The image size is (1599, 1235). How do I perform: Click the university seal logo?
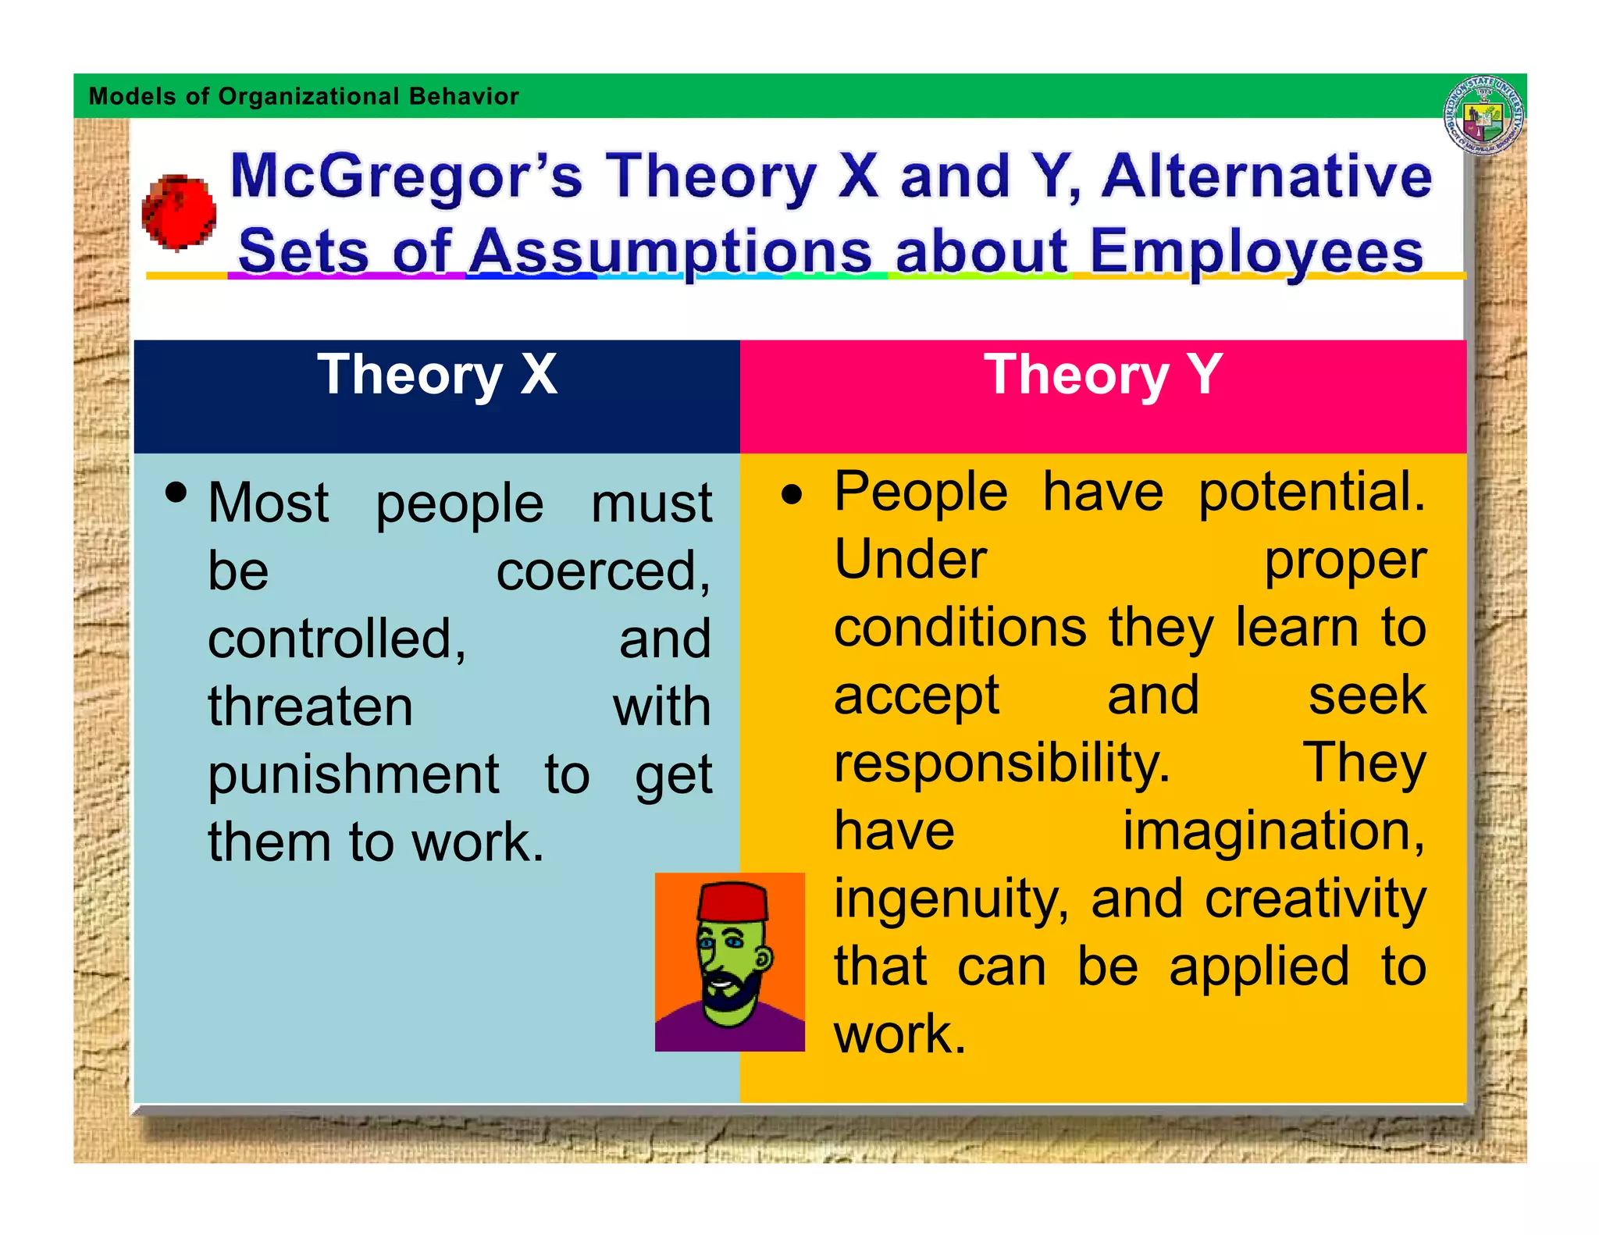(x=1483, y=116)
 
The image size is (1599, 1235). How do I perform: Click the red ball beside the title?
(x=179, y=212)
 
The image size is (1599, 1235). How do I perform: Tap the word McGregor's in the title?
(x=406, y=176)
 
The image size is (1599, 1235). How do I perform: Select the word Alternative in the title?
(x=1266, y=176)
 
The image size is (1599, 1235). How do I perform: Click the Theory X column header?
(x=437, y=375)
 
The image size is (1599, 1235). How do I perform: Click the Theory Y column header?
(x=1102, y=375)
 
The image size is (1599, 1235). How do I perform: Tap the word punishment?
(x=353, y=775)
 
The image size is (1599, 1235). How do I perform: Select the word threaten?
(x=310, y=707)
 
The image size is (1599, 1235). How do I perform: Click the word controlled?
(x=336, y=639)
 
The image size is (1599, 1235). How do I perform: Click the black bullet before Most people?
(x=176, y=493)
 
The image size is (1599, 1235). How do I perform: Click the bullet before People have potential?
(x=792, y=495)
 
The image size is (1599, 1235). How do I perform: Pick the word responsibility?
(x=1002, y=763)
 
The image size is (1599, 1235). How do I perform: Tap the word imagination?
(x=1273, y=831)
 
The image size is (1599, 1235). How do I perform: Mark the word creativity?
(x=1315, y=899)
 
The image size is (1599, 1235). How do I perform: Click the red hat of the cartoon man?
(x=732, y=902)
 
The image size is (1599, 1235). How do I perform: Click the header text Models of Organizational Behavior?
(x=304, y=96)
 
